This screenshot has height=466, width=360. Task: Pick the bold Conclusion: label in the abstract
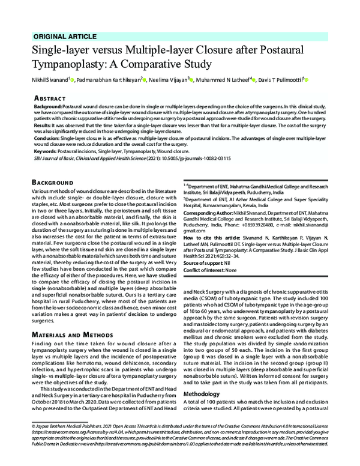click(49, 137)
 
